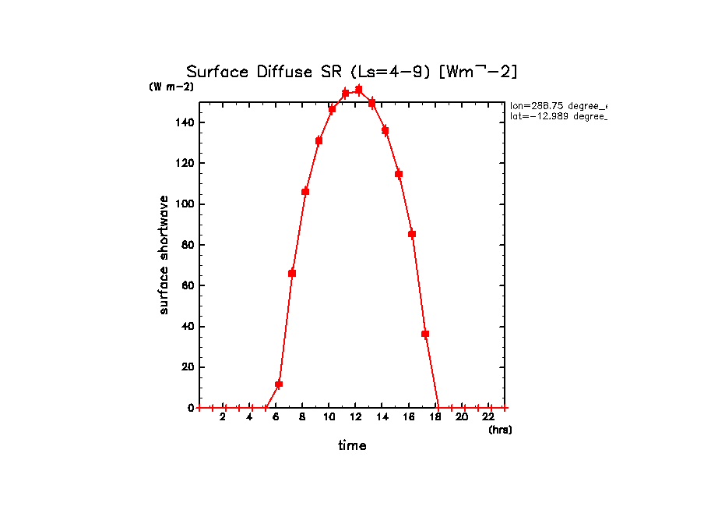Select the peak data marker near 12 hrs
pyautogui.click(x=358, y=90)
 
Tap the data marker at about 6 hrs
pyautogui.click(x=279, y=384)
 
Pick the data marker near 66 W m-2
pyautogui.click(x=292, y=273)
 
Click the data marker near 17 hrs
pyautogui.click(x=425, y=334)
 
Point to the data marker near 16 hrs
pyautogui.click(x=412, y=234)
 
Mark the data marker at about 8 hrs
pyautogui.click(x=305, y=191)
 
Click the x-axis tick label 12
pyautogui.click(x=355, y=418)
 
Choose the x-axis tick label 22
pyautogui.click(x=489, y=418)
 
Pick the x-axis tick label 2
pyautogui.click(x=223, y=418)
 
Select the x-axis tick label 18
pyautogui.click(x=435, y=418)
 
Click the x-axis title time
pyautogui.click(x=352, y=446)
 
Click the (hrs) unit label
pyautogui.click(x=499, y=430)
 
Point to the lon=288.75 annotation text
pyautogui.click(x=558, y=105)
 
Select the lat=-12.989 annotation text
pyautogui.click(x=558, y=116)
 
